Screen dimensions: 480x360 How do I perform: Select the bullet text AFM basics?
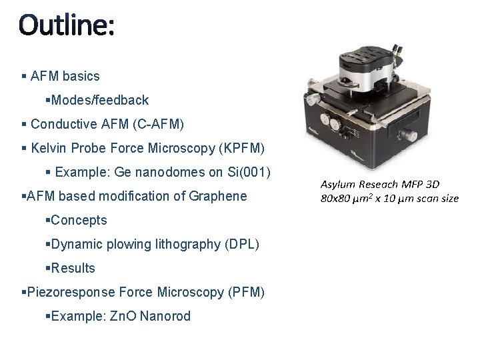point(65,76)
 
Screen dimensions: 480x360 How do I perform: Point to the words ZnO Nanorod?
point(155,316)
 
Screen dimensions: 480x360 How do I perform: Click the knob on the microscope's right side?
point(413,137)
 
